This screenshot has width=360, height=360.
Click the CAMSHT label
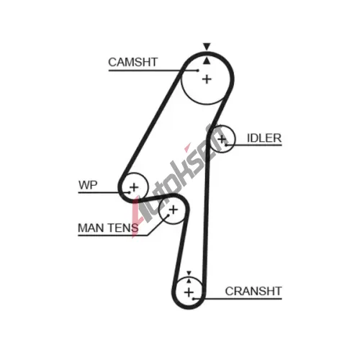click(132, 62)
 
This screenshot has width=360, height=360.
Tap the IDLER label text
click(264, 138)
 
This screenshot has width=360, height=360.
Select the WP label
click(88, 185)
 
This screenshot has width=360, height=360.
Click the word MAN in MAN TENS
click(91, 228)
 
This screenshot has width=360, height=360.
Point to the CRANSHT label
click(253, 291)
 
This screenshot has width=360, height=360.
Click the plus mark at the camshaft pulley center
click(207, 79)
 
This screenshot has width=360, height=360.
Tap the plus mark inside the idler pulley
click(222, 139)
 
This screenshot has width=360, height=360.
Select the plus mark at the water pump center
click(134, 187)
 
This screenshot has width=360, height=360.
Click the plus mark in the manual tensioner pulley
click(173, 210)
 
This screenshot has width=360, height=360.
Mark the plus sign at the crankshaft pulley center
click(189, 292)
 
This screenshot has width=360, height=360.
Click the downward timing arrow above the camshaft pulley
click(207, 46)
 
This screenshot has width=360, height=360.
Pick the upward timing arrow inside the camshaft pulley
click(207, 61)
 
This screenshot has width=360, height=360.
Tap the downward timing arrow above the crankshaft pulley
click(189, 273)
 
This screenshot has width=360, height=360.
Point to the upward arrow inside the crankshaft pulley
click(189, 281)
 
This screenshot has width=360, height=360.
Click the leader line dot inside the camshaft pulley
click(197, 71)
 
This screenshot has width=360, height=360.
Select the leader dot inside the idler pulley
click(226, 145)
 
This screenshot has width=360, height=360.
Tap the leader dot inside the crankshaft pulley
click(193, 299)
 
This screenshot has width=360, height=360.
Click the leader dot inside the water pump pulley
click(130, 192)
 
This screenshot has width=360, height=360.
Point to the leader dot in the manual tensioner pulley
click(168, 215)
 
